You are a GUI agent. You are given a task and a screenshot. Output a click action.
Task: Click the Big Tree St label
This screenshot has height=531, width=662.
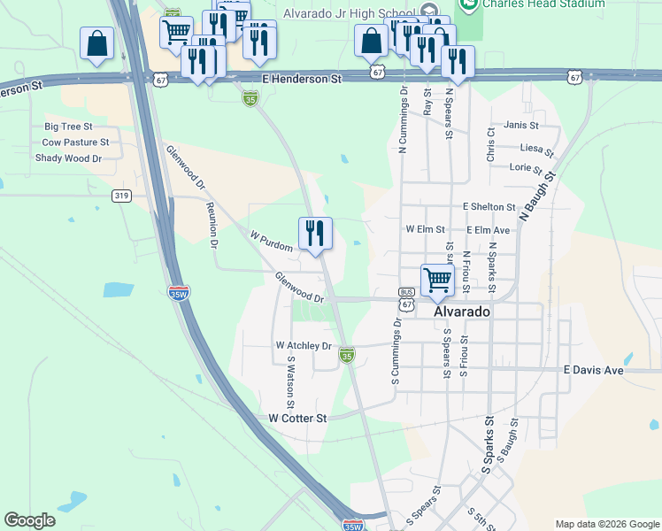[68, 127]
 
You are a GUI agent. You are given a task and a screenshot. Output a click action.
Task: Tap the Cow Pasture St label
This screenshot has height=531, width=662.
[75, 142]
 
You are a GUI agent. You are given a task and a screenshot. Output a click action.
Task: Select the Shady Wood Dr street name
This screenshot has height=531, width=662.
[68, 158]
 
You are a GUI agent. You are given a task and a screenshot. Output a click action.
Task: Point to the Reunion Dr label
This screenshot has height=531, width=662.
[212, 224]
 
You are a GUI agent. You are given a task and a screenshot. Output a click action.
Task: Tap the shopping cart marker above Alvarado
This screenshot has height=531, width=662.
[437, 280]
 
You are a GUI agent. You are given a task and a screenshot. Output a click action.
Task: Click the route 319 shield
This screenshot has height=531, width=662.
[122, 196]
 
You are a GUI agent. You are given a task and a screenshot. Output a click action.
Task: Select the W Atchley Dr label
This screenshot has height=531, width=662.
[304, 345]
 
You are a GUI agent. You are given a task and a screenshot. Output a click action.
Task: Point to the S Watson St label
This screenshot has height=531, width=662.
[290, 377]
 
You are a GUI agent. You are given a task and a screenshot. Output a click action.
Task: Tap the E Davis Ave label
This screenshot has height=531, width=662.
[594, 370]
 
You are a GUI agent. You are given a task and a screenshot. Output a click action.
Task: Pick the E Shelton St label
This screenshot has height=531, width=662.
[489, 207]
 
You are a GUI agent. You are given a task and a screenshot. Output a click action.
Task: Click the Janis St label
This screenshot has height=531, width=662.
[520, 126]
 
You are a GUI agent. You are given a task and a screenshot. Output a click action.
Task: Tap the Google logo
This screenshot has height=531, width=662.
[30, 520]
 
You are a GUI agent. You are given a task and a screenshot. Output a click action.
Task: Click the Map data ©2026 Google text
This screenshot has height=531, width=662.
[606, 524]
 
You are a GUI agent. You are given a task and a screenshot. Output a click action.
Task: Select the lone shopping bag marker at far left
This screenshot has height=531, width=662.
[96, 44]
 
